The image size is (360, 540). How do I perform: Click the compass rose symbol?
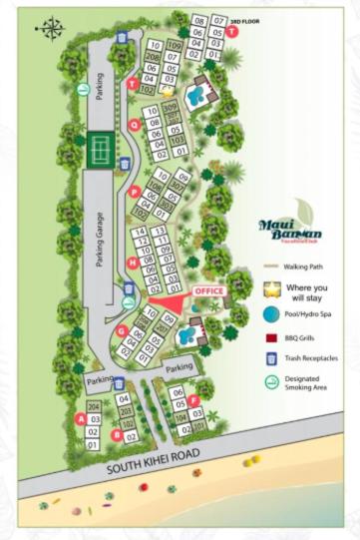click(x=50, y=29)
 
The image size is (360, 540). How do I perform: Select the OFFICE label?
click(x=209, y=290)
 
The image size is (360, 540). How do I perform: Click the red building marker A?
click(x=82, y=419)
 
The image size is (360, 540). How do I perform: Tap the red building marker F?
click(x=193, y=401)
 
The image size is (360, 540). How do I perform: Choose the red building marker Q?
click(x=134, y=125)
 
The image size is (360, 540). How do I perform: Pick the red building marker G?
click(x=122, y=330)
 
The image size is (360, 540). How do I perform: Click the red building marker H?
click(x=133, y=263)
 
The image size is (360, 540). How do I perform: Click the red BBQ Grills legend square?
click(x=271, y=337)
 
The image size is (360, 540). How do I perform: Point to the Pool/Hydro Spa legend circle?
click(x=271, y=313)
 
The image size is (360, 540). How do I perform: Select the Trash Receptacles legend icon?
click(x=271, y=358)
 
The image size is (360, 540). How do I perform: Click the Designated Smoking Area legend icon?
click(x=271, y=382)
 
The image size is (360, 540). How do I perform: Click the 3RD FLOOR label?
click(x=245, y=20)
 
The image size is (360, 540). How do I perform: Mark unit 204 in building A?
click(x=93, y=407)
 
